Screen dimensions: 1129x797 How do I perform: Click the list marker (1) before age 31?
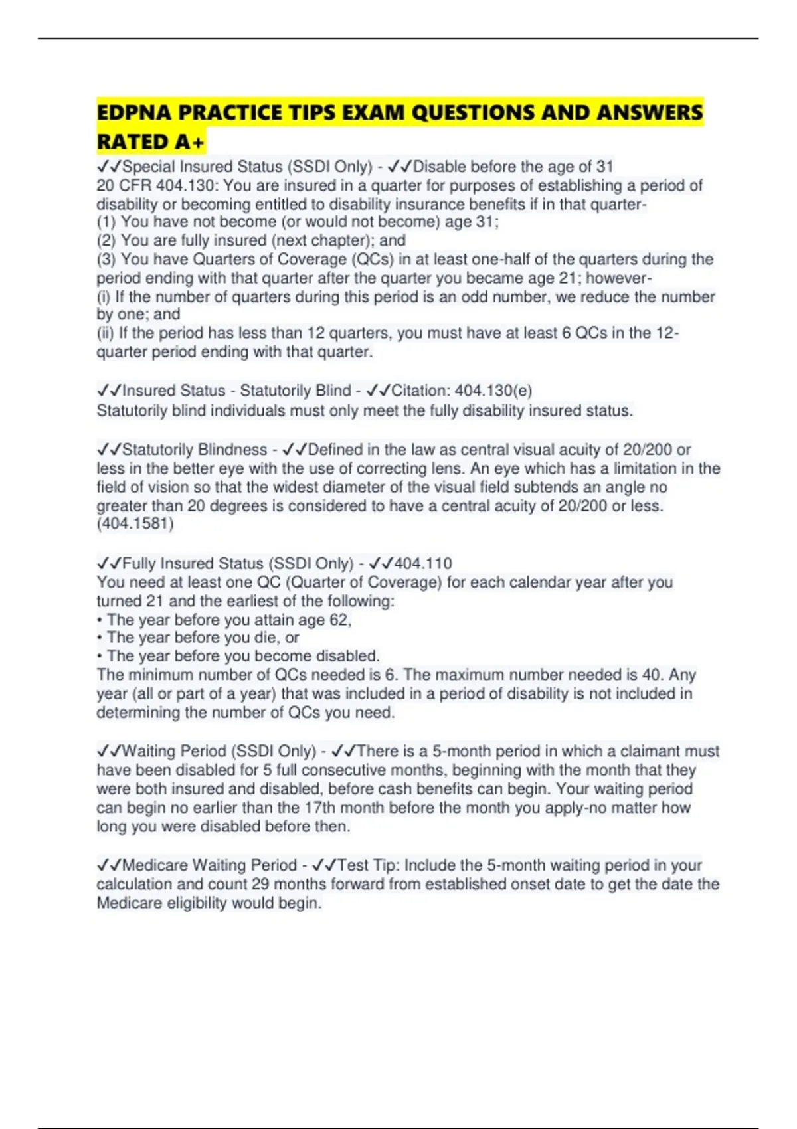(x=106, y=222)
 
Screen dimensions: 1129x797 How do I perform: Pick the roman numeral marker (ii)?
(x=105, y=333)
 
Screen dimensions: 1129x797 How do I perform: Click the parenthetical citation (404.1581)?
(x=135, y=524)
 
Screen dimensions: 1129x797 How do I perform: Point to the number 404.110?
(x=423, y=564)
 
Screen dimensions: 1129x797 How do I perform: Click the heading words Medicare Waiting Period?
(x=209, y=865)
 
